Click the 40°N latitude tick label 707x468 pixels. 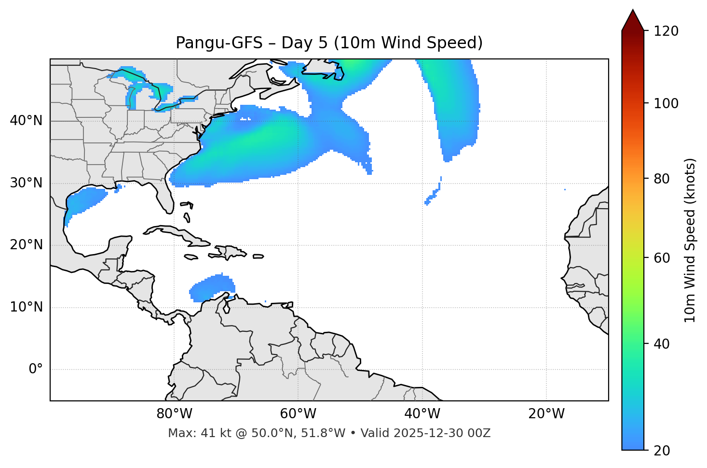click(x=26, y=121)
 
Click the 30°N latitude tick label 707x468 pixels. click(x=26, y=183)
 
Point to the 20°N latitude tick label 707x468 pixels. click(x=26, y=245)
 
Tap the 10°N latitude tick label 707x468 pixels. click(x=26, y=307)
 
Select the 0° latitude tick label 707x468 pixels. click(x=36, y=369)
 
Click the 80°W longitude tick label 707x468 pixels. click(x=174, y=414)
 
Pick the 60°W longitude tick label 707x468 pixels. click(x=298, y=414)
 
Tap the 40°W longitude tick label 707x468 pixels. click(x=422, y=414)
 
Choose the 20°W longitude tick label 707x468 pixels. click(x=546, y=414)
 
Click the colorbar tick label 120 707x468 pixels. click(x=666, y=31)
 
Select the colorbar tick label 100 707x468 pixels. click(x=666, y=103)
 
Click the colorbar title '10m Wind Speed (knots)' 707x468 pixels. click(x=690, y=240)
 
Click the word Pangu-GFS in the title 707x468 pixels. click(x=219, y=43)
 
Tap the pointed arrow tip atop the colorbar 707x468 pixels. click(x=633, y=12)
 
